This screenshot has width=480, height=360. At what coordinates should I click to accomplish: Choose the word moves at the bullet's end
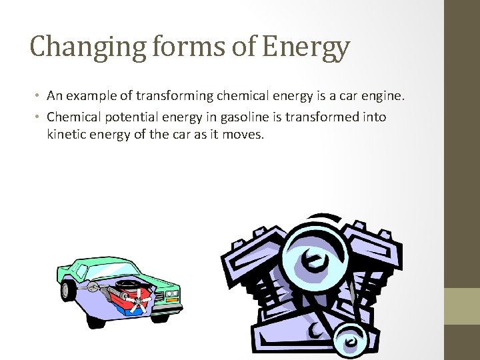[x=245, y=134]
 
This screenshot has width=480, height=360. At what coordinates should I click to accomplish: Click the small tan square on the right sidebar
[x=462, y=306]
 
